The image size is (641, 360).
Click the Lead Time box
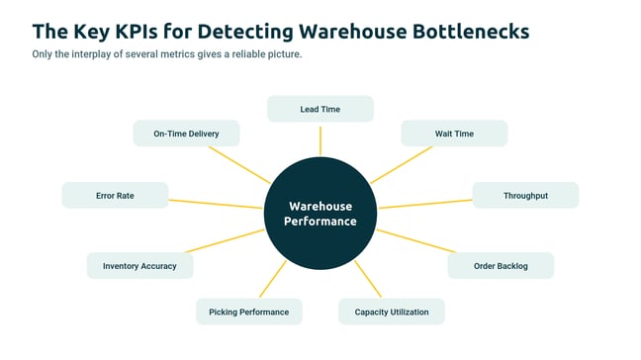coord(320,109)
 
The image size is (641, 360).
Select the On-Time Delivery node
coord(186,134)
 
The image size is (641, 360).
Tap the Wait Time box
coord(454,134)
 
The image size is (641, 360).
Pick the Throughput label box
coord(525,195)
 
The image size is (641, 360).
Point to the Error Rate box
coord(115,195)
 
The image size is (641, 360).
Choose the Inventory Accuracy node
coord(139,266)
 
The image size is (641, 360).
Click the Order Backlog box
coord(501,266)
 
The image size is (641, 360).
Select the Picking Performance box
coord(249,312)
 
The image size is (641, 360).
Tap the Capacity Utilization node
coord(392,312)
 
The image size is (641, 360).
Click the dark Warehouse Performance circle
coord(320,214)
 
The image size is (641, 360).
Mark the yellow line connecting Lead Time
coord(320,141)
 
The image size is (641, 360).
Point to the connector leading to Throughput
coord(425,204)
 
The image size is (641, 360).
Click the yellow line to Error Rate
coord(215,204)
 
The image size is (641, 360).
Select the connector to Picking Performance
coord(273,279)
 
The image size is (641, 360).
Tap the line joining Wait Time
coord(401,165)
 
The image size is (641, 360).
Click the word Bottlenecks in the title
coord(471,32)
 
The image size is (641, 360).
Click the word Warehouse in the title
coord(353,32)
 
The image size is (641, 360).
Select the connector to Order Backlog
coord(415,241)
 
